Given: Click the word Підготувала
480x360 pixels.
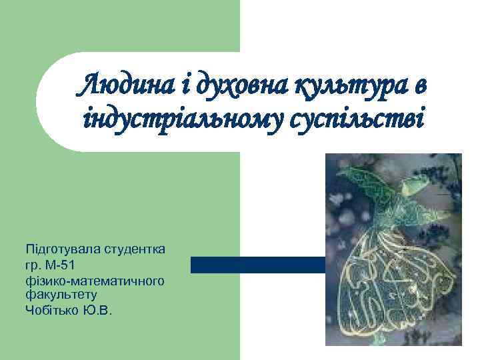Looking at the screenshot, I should [x=62, y=249].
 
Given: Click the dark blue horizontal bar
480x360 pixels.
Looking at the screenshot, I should [x=260, y=265].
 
